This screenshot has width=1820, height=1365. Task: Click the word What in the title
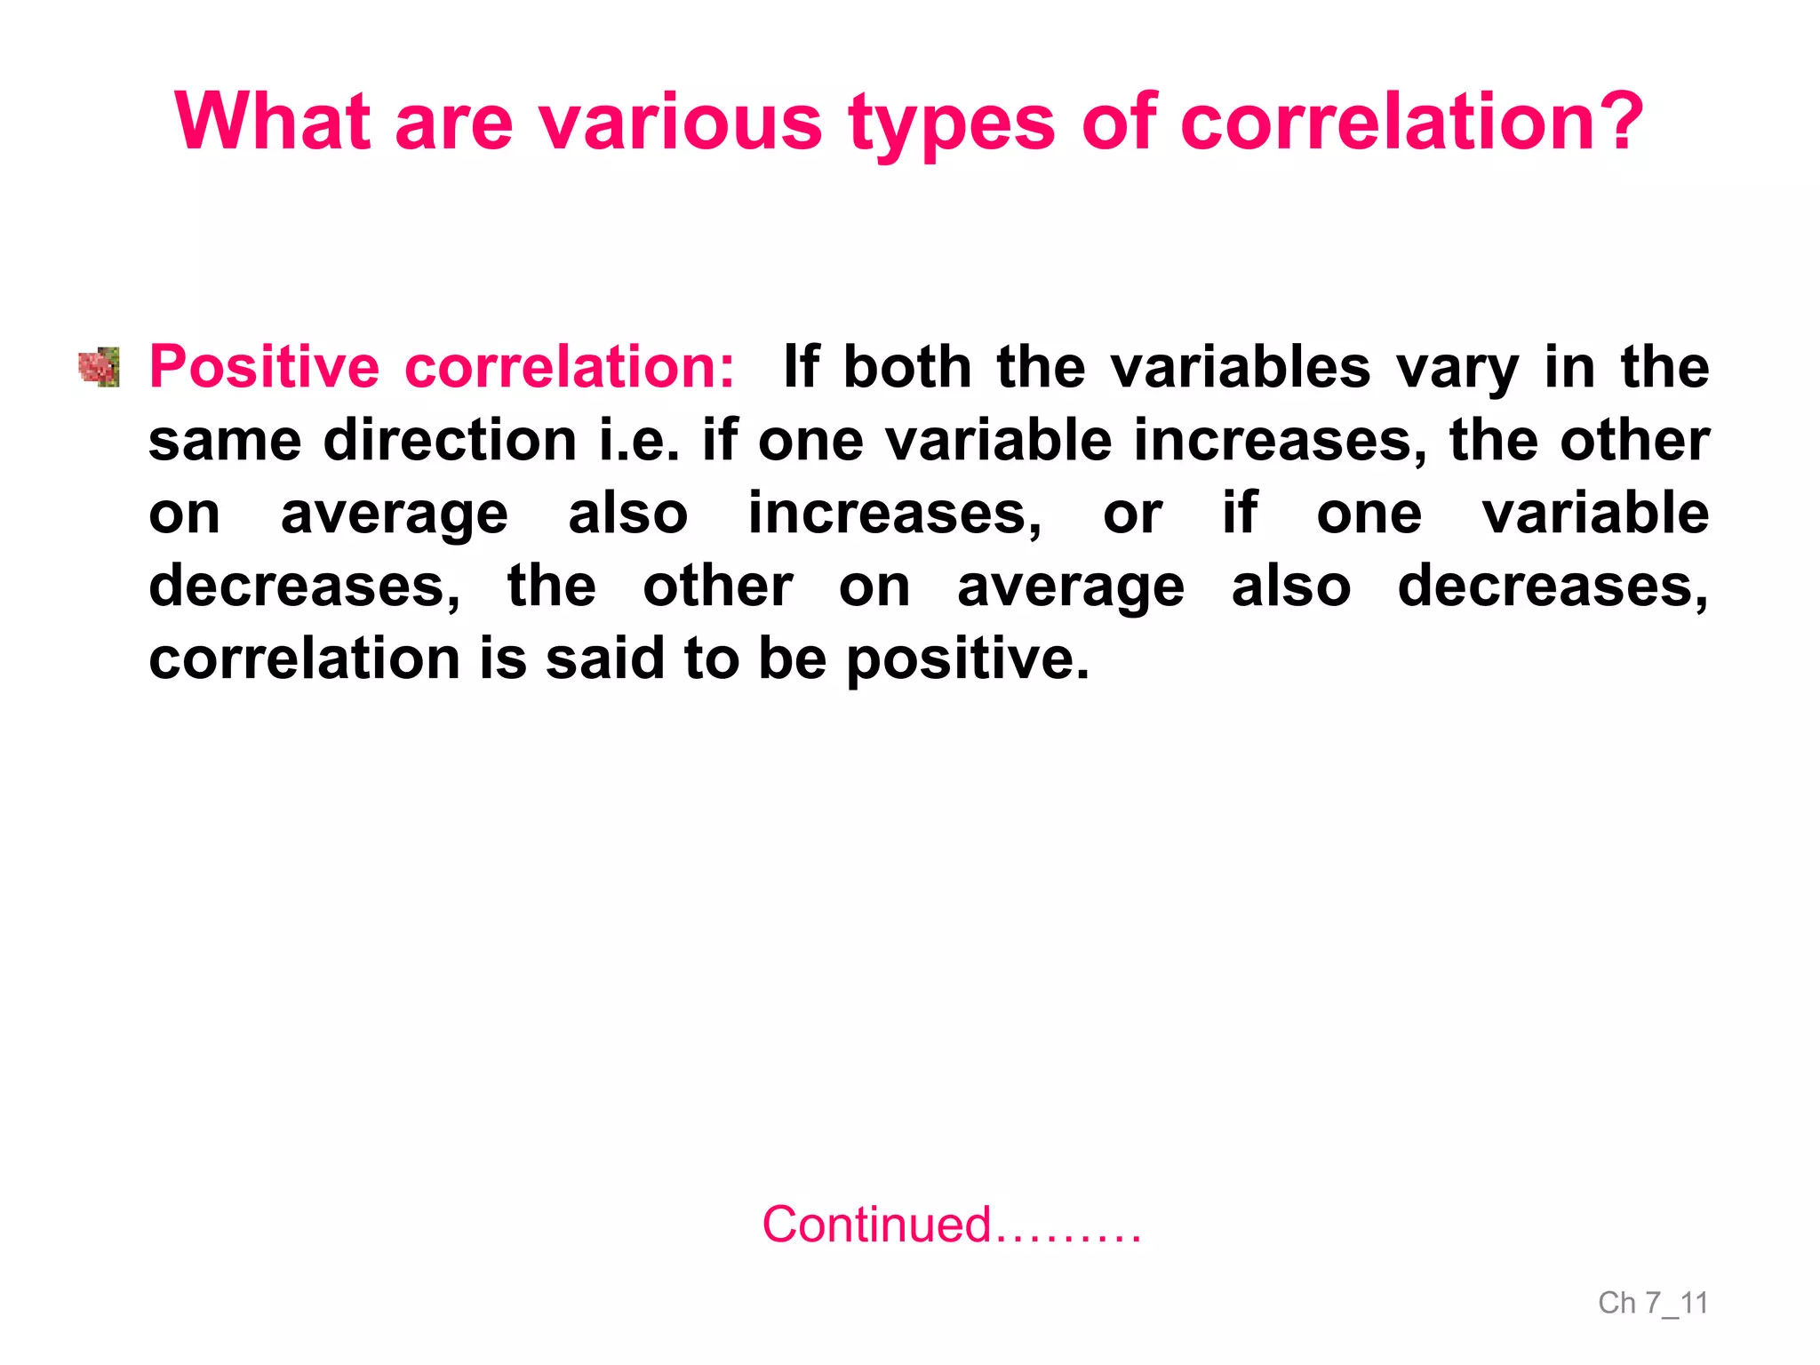[x=272, y=122]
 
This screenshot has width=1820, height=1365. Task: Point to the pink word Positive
[x=264, y=367]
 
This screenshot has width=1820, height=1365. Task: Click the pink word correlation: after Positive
[x=570, y=367]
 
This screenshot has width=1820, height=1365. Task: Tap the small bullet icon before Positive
[x=99, y=367]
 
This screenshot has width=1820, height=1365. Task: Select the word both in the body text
[x=906, y=367]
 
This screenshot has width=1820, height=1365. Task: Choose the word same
[x=225, y=441]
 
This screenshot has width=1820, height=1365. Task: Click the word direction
[x=450, y=440]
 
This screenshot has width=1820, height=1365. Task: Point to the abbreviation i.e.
[x=639, y=440]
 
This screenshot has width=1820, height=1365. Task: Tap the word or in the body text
[x=1132, y=514]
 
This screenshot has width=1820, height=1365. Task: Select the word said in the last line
[x=604, y=659]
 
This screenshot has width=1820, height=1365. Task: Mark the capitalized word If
[x=801, y=367]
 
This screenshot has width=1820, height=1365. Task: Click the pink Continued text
[x=951, y=1225]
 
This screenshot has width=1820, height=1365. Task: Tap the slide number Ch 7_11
[x=1652, y=1303]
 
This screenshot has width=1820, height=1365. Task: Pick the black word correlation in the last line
[x=304, y=659]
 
